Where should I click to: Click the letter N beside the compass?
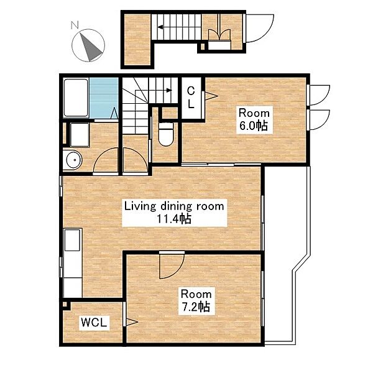click(75, 25)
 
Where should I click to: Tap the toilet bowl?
click(166, 134)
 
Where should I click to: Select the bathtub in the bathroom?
click(76, 98)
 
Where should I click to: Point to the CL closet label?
click(191, 98)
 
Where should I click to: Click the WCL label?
click(94, 323)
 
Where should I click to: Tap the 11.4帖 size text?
click(174, 219)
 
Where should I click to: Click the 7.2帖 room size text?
click(196, 307)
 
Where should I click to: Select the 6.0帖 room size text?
click(254, 126)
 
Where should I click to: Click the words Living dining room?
click(174, 206)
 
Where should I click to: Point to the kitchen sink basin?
click(72, 240)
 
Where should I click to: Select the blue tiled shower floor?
click(104, 98)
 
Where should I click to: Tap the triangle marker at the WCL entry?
click(132, 322)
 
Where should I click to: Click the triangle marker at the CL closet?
click(211, 96)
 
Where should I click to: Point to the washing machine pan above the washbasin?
click(80, 135)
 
